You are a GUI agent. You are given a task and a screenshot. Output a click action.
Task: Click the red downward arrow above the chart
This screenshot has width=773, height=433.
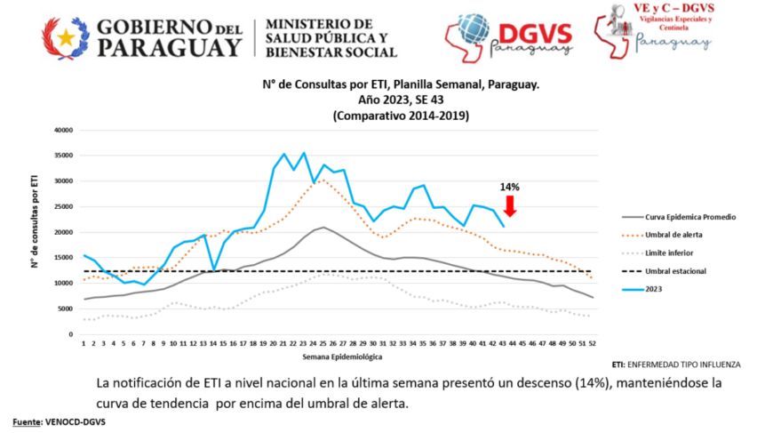(x=509, y=205)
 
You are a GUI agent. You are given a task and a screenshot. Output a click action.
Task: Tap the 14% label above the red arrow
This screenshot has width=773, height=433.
(x=509, y=188)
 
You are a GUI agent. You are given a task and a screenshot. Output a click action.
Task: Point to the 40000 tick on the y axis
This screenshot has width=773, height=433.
(x=60, y=130)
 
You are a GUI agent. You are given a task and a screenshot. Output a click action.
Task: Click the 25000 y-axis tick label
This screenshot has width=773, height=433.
(x=60, y=207)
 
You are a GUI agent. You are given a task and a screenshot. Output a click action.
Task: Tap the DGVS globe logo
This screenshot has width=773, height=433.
(x=474, y=32)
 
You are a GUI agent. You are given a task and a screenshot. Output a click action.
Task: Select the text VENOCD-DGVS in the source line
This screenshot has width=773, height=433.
(x=78, y=421)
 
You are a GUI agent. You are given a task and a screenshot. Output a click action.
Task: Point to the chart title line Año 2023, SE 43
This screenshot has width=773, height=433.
(x=400, y=100)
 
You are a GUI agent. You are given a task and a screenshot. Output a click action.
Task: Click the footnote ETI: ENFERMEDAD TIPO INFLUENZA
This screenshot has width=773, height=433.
(x=676, y=365)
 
